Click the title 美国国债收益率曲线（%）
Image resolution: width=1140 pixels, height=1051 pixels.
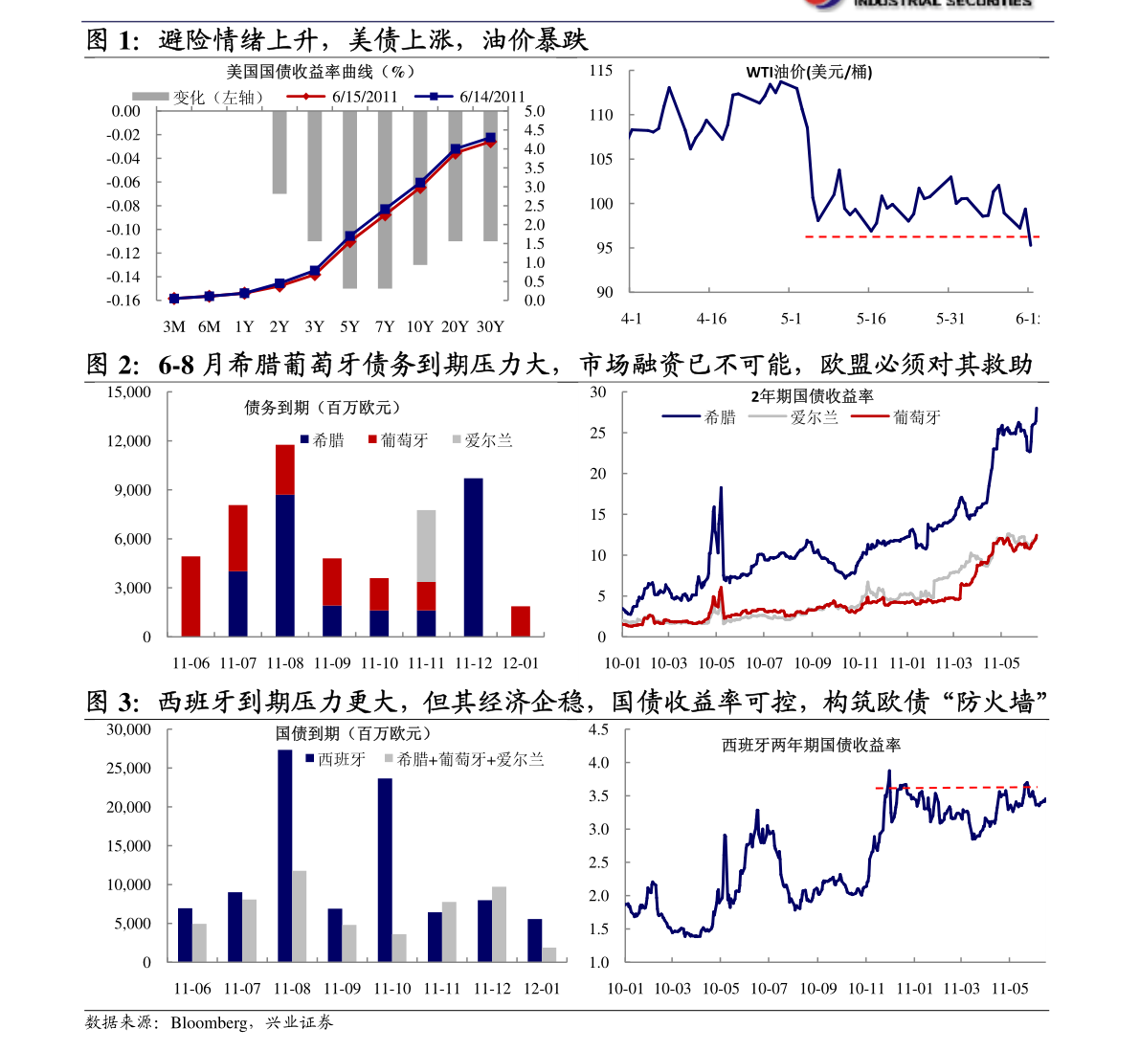pos(321,72)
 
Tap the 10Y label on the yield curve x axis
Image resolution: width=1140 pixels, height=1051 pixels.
pos(419,326)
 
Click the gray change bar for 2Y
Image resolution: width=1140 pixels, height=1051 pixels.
pos(279,153)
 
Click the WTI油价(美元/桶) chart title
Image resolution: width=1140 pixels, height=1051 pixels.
pos(809,72)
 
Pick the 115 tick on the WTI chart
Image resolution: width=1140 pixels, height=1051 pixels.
pos(601,71)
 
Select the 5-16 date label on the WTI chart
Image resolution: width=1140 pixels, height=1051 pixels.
pos(871,319)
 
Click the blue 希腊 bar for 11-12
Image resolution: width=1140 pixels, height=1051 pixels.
pos(473,557)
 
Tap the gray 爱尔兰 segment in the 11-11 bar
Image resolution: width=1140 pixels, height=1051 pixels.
pos(426,546)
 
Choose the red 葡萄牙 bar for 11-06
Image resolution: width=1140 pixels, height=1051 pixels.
pos(190,595)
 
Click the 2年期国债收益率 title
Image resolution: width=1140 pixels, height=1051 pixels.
pos(812,396)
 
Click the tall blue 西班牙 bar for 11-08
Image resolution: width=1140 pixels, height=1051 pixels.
pos(285,856)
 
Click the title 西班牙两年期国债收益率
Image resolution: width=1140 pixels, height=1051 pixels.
pos(811,745)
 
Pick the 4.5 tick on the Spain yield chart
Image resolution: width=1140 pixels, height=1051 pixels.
pos(598,730)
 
